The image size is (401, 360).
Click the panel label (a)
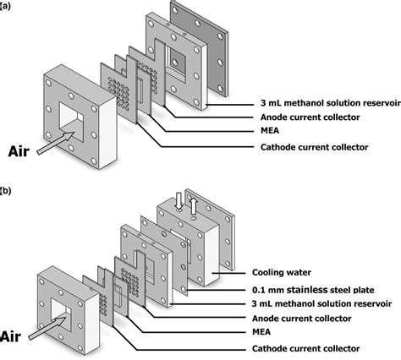click(5, 6)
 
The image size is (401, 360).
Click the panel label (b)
click(5, 191)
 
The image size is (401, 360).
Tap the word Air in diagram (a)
click(19, 151)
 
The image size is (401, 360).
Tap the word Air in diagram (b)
click(10, 336)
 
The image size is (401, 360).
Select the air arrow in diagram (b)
click(47, 328)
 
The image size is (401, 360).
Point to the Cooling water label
click(282, 272)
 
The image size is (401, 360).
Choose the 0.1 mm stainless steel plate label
click(313, 290)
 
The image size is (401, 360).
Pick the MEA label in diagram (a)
click(270, 130)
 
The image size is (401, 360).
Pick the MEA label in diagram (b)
click(261, 332)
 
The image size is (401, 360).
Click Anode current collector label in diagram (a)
click(310, 117)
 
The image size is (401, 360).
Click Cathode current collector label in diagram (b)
click(306, 348)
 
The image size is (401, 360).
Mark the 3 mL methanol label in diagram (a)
click(330, 103)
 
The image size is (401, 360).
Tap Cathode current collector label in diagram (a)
click(314, 147)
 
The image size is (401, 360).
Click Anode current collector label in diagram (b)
click(302, 319)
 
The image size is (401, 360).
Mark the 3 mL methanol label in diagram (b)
click(321, 303)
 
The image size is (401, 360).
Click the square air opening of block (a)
click(71, 123)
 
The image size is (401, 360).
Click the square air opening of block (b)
click(61, 314)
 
